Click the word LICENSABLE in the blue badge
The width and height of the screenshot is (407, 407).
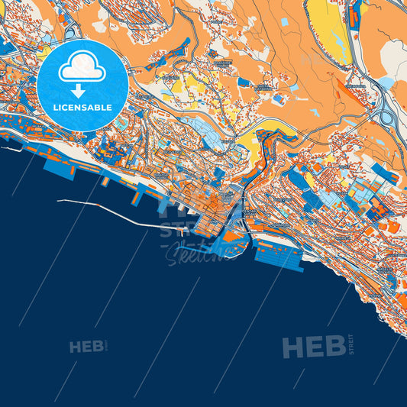coord(82,108)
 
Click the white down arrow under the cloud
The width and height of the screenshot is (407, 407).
coord(78,91)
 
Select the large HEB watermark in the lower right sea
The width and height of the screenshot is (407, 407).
coord(313,347)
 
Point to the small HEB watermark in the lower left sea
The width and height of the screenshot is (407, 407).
coord(86,347)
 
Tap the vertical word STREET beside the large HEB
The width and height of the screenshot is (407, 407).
coord(350,345)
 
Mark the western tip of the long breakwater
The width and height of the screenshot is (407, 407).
coord(59,201)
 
